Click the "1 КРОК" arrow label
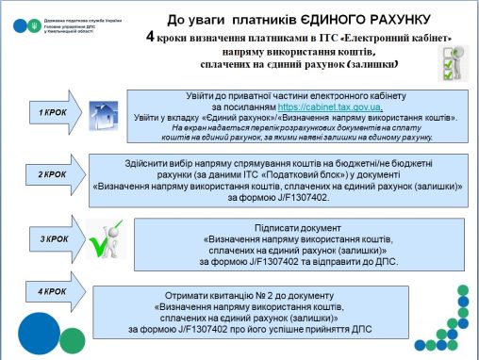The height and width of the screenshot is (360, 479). click(x=53, y=113)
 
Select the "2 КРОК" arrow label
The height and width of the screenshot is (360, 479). click(x=53, y=174)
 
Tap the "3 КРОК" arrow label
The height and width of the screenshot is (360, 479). click(x=53, y=239)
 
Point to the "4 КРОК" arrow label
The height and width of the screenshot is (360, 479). click(x=53, y=292)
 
